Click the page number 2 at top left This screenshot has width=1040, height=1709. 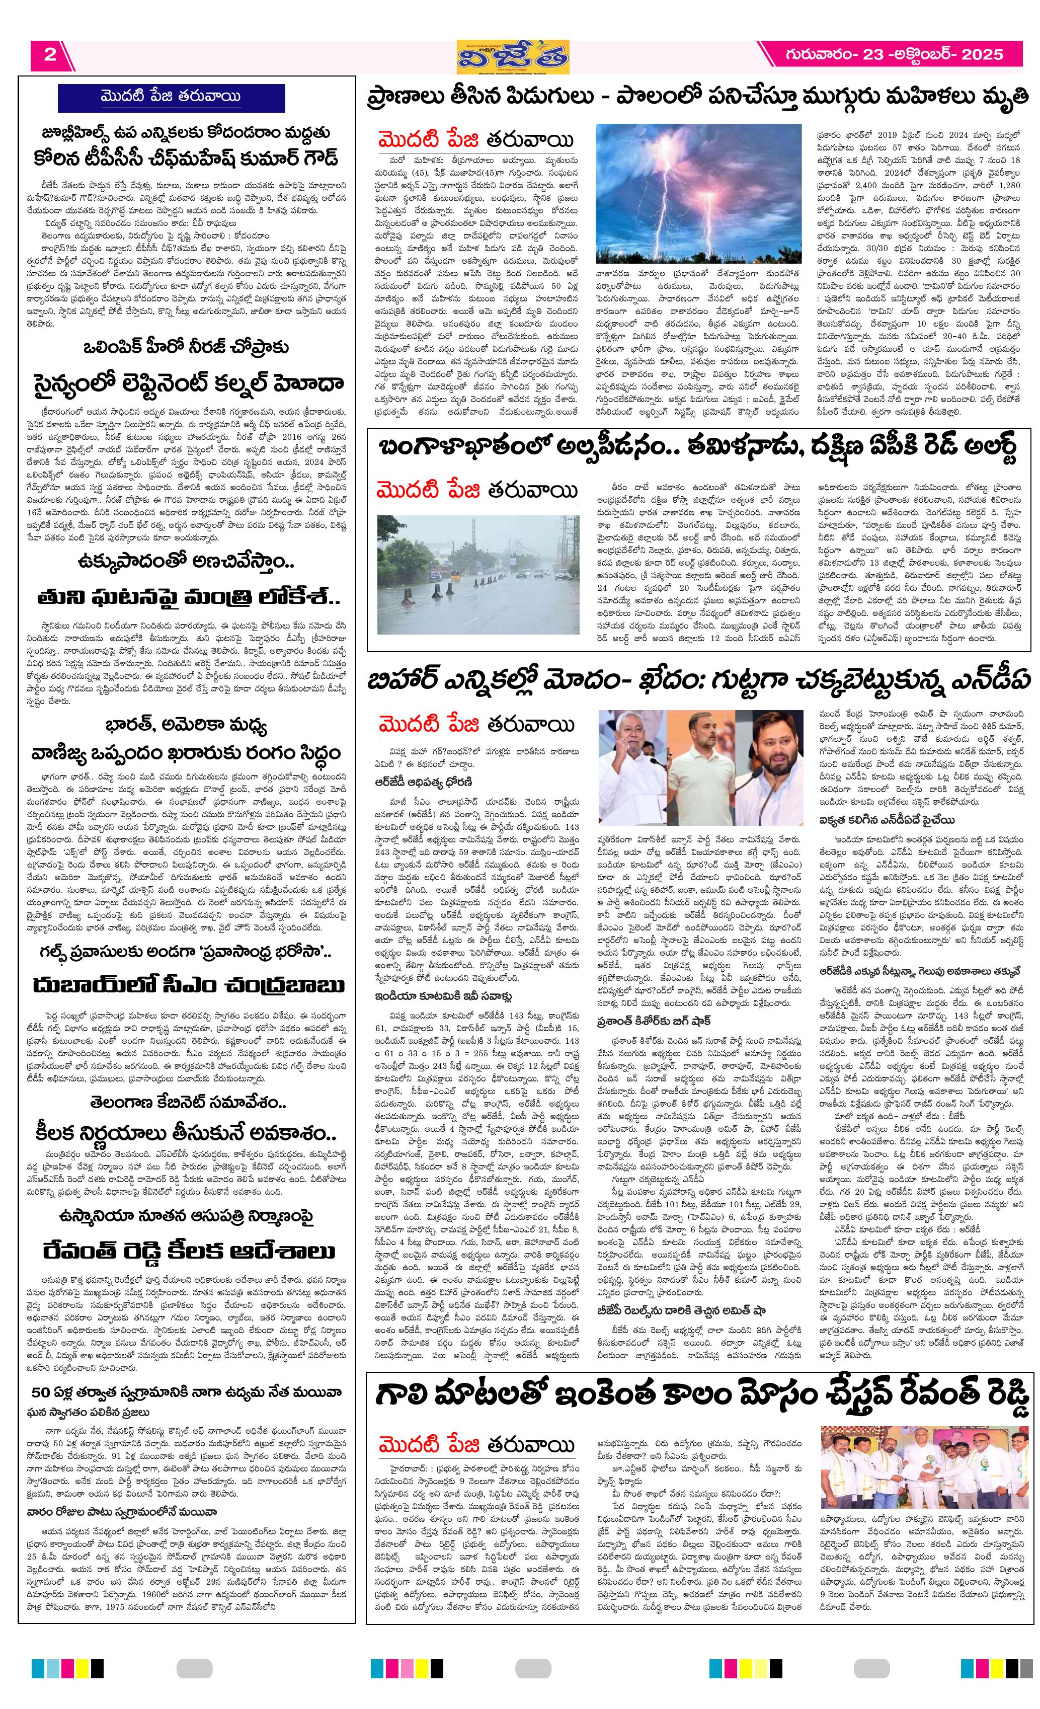coord(50,55)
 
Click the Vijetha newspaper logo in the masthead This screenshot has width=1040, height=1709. coord(513,56)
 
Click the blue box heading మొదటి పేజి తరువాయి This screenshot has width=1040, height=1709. coord(171,98)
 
